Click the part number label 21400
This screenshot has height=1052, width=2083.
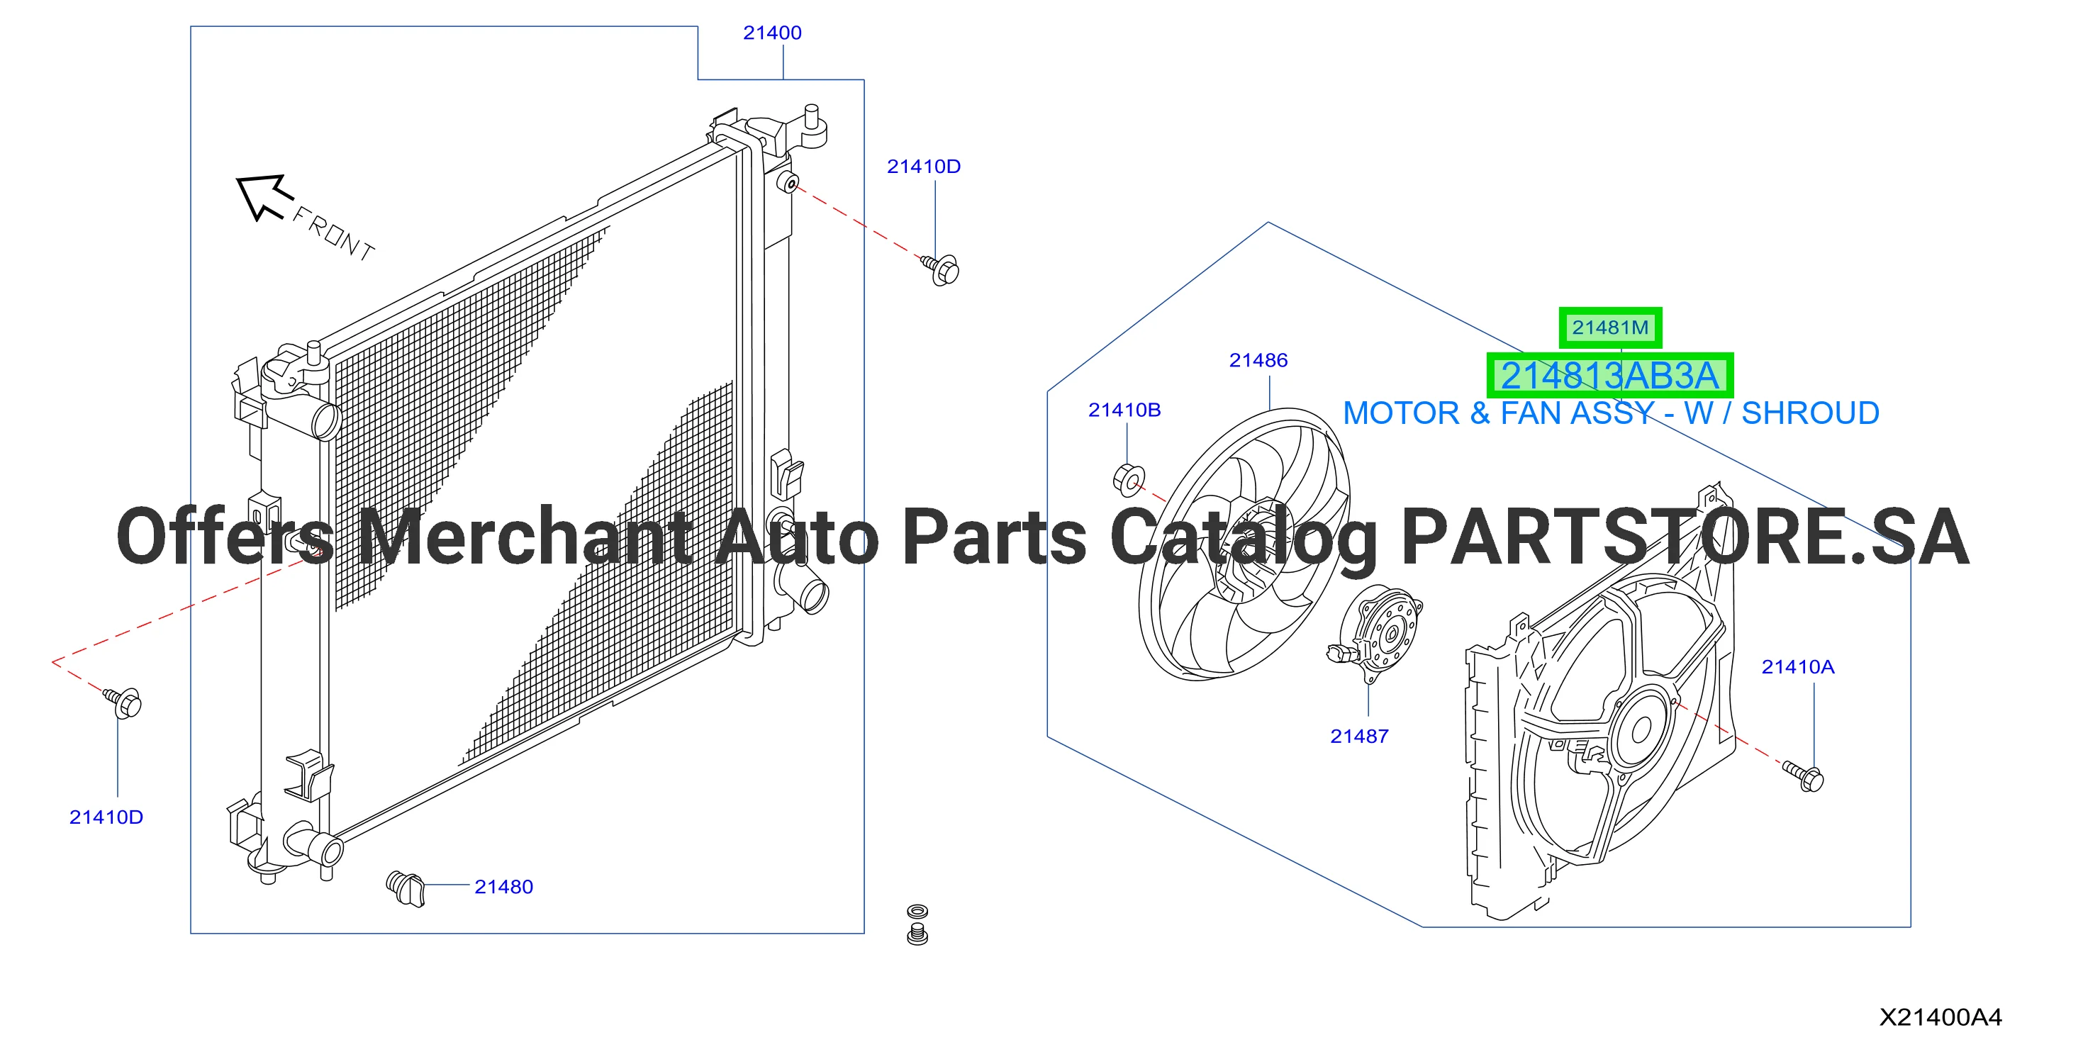click(772, 33)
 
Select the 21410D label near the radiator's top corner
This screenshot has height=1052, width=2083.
click(923, 167)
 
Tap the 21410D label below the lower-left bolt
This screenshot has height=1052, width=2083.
click(106, 817)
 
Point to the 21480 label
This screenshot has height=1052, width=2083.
click(504, 887)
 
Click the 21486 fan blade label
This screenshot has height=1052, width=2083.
click(1258, 361)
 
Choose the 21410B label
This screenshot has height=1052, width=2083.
click(1124, 410)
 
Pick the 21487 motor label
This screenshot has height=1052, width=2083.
click(1359, 737)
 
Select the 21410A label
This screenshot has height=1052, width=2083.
click(1797, 667)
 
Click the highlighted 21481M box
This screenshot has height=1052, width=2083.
click(1610, 328)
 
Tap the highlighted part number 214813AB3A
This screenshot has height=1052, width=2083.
click(1609, 376)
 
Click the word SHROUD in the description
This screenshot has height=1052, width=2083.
click(1810, 413)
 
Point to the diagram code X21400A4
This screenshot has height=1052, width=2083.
click(1940, 1017)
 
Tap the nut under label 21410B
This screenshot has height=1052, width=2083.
click(1129, 481)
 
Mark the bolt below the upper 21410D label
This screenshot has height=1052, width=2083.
click(940, 269)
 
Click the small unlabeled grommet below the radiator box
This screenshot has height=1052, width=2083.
click(917, 924)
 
